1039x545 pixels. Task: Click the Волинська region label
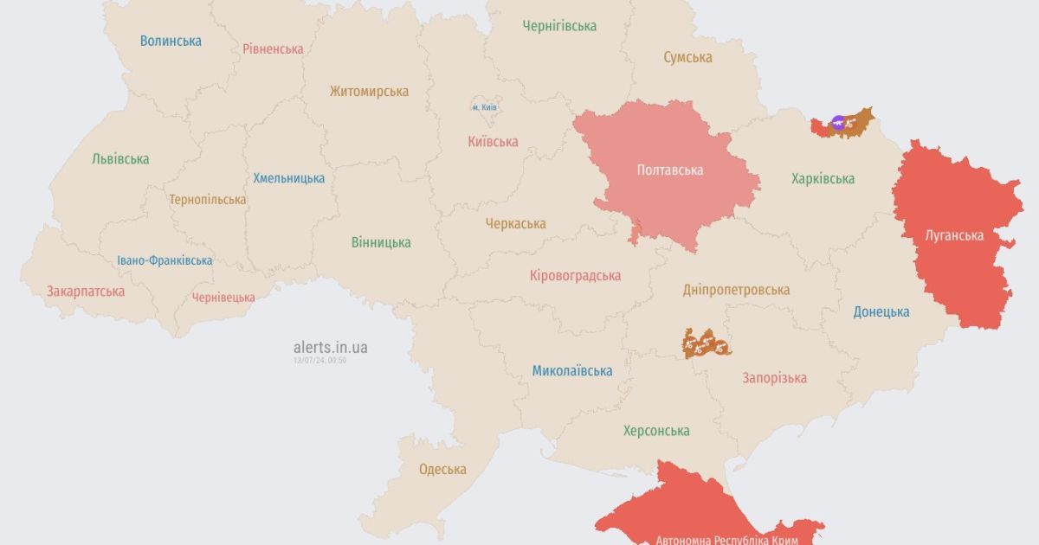(x=171, y=41)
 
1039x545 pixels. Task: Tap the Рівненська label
(x=273, y=48)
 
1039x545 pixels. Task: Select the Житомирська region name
(x=369, y=91)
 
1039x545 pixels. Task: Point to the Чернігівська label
(x=559, y=26)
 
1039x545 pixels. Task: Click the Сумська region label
(x=687, y=57)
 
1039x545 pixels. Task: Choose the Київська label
(x=492, y=142)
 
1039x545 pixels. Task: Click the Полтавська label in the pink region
(x=669, y=170)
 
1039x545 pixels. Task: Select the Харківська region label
(x=823, y=179)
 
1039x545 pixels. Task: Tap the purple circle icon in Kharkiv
(x=837, y=123)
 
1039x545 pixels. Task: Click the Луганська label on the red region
(x=953, y=235)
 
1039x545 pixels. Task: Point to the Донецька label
(x=881, y=311)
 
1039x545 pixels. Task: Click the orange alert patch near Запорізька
(x=706, y=344)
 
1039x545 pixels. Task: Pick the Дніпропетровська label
(x=736, y=290)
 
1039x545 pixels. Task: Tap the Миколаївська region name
(x=571, y=371)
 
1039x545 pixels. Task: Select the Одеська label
(x=442, y=470)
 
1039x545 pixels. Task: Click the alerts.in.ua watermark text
(x=330, y=347)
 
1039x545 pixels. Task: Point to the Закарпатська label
(x=86, y=292)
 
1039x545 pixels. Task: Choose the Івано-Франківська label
(x=165, y=260)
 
